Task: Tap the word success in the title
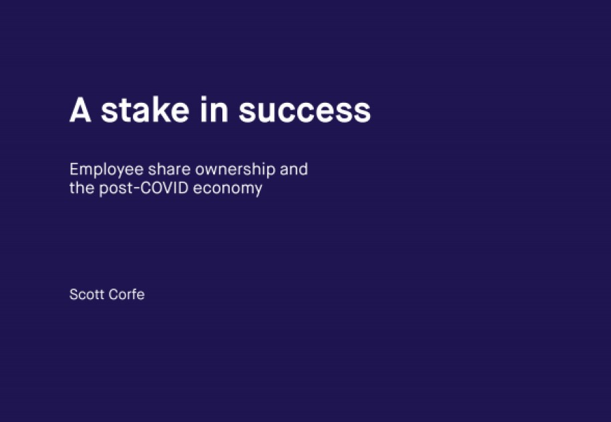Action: coord(304,110)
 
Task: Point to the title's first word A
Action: coord(80,110)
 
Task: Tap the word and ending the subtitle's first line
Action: coord(294,170)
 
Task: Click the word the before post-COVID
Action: coord(81,188)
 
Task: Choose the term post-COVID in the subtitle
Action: coord(143,188)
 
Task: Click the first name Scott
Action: coord(87,294)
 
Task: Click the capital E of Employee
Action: coord(73,170)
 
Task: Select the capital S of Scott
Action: coord(73,294)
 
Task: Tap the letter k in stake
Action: coord(155,110)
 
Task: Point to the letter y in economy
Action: coord(258,190)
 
